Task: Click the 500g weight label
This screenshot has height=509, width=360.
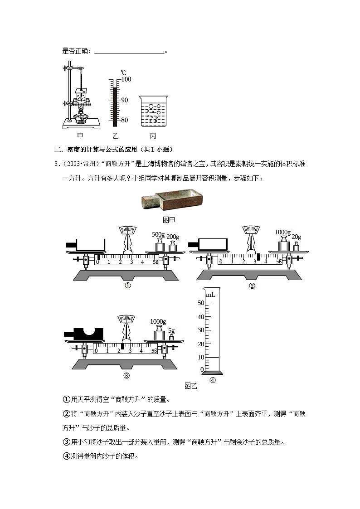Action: coord(158,234)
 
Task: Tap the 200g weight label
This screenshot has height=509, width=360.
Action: coord(173,237)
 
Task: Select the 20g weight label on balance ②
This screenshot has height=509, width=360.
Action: coord(297,237)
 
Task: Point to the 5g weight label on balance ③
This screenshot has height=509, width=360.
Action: coord(171,331)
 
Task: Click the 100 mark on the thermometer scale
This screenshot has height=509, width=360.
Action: coord(126,79)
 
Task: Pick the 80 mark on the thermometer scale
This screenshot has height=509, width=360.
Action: coord(124,120)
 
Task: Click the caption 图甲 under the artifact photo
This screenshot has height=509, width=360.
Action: coord(169,219)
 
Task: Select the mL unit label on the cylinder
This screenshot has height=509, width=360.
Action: coord(210,295)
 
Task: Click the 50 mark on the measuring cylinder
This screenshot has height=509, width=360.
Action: coord(201,303)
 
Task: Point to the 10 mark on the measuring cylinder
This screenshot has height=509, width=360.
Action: coord(201,357)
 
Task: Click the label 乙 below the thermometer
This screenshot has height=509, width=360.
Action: coord(115,136)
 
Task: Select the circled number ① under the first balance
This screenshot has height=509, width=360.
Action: coord(128,286)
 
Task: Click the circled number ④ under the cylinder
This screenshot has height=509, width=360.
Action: coord(213,381)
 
